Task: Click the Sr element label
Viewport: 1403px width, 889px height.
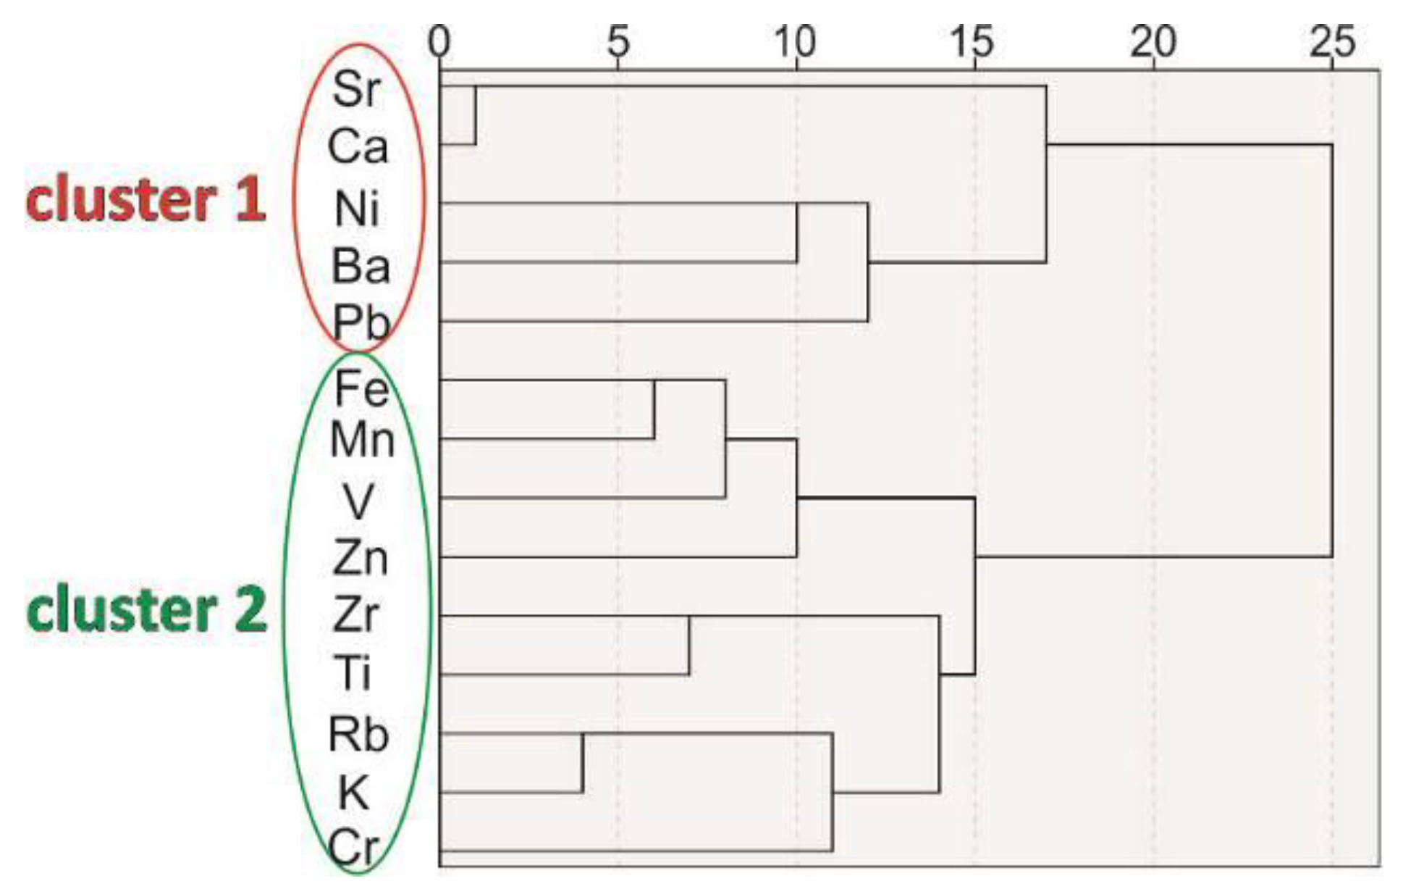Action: (356, 90)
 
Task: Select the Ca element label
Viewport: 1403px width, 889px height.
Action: (358, 147)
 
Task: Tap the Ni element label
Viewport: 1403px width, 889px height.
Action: (357, 209)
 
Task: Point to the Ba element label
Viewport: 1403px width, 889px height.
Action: (361, 266)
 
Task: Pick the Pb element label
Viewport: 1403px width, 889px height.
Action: (361, 322)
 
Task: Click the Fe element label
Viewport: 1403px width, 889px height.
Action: (361, 388)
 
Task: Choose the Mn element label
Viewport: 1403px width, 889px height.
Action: (362, 440)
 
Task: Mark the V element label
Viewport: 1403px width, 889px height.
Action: (358, 501)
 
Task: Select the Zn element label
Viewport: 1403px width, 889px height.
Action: (361, 559)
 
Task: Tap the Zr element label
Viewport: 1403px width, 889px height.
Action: (356, 615)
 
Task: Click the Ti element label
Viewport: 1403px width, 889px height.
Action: (353, 673)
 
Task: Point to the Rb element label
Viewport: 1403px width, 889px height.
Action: (359, 735)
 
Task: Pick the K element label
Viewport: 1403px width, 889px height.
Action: (353, 793)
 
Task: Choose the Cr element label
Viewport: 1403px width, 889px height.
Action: (355, 847)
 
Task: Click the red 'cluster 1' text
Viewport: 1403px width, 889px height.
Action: (146, 200)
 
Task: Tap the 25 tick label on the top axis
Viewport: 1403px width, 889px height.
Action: (1331, 42)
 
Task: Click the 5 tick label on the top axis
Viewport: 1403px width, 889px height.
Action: (618, 42)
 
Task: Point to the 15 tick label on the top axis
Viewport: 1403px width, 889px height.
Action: (973, 42)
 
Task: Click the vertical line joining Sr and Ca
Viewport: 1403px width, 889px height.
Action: (475, 115)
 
